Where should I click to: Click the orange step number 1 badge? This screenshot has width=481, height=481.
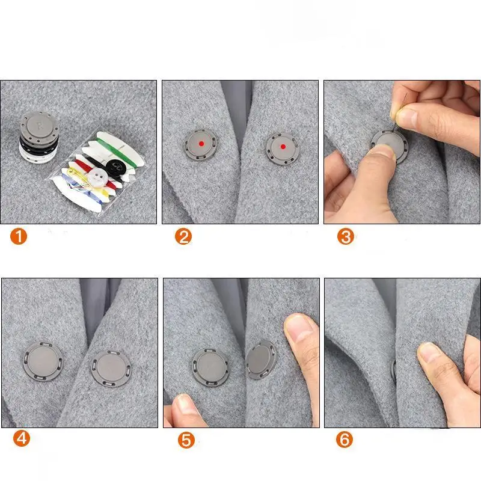(x=19, y=236)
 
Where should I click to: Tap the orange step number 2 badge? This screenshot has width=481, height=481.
(x=183, y=236)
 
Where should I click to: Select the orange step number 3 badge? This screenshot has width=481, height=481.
(x=345, y=236)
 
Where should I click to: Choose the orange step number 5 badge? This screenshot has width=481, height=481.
(x=186, y=440)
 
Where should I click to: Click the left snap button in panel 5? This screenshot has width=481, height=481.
(x=210, y=366)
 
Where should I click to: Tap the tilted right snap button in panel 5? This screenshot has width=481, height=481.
(x=261, y=359)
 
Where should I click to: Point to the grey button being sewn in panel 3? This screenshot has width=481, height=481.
(x=390, y=144)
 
